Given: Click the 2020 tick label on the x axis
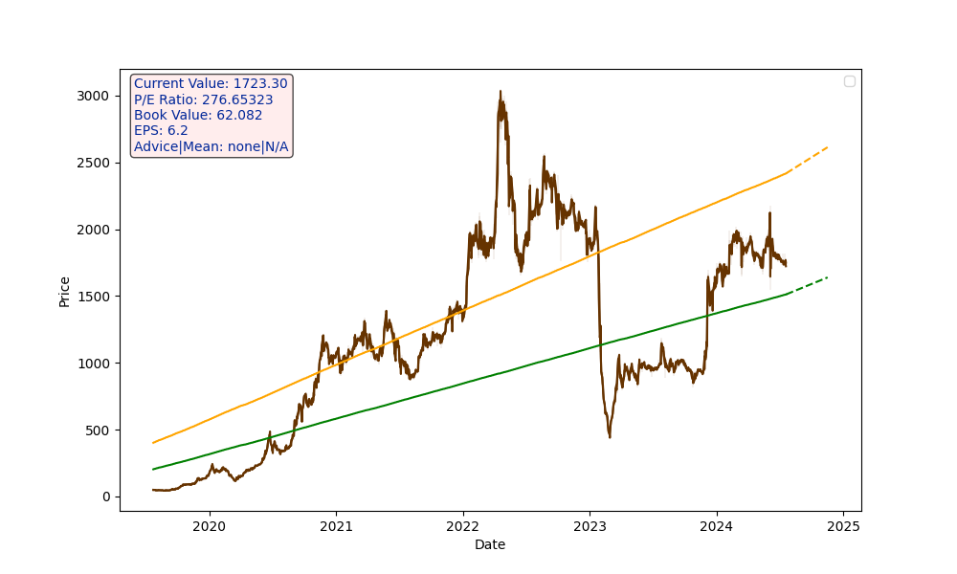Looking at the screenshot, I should coord(209,526).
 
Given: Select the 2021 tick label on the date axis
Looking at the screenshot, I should coord(336,526).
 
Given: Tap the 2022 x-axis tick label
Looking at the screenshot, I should coord(462,526).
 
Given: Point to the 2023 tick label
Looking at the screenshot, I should coord(590,526).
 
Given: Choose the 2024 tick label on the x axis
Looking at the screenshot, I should coord(716,526).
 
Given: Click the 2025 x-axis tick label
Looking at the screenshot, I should coord(843,526).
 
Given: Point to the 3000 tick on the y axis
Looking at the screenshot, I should coord(94,96).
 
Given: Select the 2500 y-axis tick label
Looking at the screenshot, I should coord(94,163).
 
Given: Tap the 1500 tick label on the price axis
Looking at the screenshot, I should coord(94,297).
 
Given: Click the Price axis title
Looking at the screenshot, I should coord(64,291).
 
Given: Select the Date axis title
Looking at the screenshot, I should coord(490,545).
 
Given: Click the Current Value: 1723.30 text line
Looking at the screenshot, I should coord(211,84).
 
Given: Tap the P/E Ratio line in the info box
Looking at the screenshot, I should coord(203,99).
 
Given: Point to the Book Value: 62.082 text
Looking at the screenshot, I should coord(198,116).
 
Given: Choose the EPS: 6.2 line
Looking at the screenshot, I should coord(161,131).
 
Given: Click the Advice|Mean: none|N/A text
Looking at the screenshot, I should coord(211,147).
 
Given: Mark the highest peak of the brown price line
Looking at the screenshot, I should coord(501,92).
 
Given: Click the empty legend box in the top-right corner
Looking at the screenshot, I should coord(850,81).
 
